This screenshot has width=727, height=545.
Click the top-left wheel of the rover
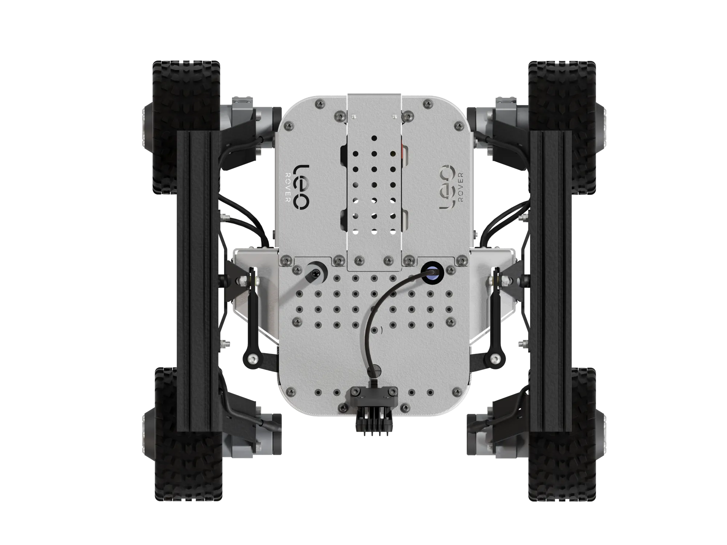coord(186,127)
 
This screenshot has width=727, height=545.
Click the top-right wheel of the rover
coord(562,127)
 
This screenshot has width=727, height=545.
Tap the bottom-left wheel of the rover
coord(188,434)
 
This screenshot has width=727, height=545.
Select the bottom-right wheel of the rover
coord(562,434)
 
